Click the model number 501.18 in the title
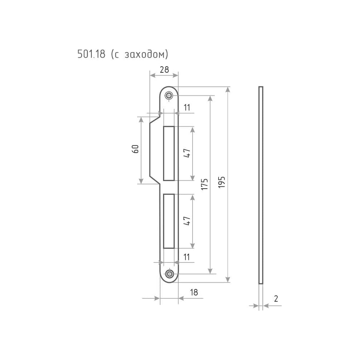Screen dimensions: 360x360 click(x=91, y=54)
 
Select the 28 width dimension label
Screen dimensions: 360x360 click(x=164, y=69)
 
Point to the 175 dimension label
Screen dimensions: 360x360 click(x=204, y=184)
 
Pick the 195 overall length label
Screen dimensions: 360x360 click(x=221, y=182)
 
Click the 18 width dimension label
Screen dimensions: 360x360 click(x=194, y=292)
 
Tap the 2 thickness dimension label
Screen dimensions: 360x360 click(x=276, y=298)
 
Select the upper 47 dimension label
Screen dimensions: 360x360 click(x=187, y=153)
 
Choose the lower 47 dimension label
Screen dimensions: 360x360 click(x=187, y=221)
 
